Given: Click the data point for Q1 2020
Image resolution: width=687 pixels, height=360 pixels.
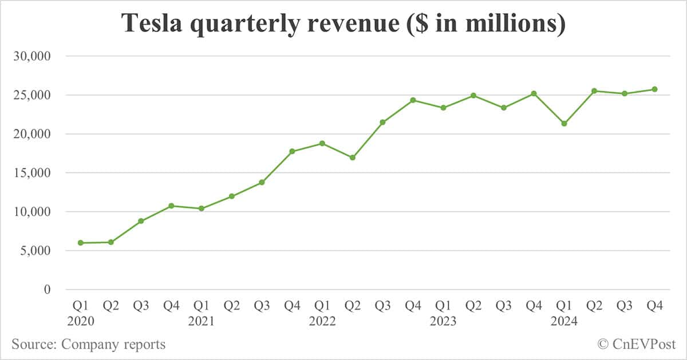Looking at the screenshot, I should pos(81,243).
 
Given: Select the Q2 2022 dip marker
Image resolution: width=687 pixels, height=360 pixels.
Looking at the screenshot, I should pos(353,157).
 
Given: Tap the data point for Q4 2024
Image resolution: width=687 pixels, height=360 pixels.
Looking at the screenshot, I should pos(654,89).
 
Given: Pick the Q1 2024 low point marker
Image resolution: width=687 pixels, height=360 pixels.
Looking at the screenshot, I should pos(564,124).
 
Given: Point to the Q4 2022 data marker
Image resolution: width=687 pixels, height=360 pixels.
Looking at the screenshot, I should pos(413,100).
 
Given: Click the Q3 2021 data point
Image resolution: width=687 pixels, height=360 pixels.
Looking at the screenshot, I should pos(262,182).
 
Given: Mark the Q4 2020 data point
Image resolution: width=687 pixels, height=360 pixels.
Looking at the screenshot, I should pos(171,205).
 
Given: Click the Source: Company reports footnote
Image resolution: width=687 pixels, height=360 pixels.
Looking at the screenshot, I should pos(88,344).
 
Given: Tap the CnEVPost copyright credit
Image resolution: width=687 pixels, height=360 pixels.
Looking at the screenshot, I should pos(636,344).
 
